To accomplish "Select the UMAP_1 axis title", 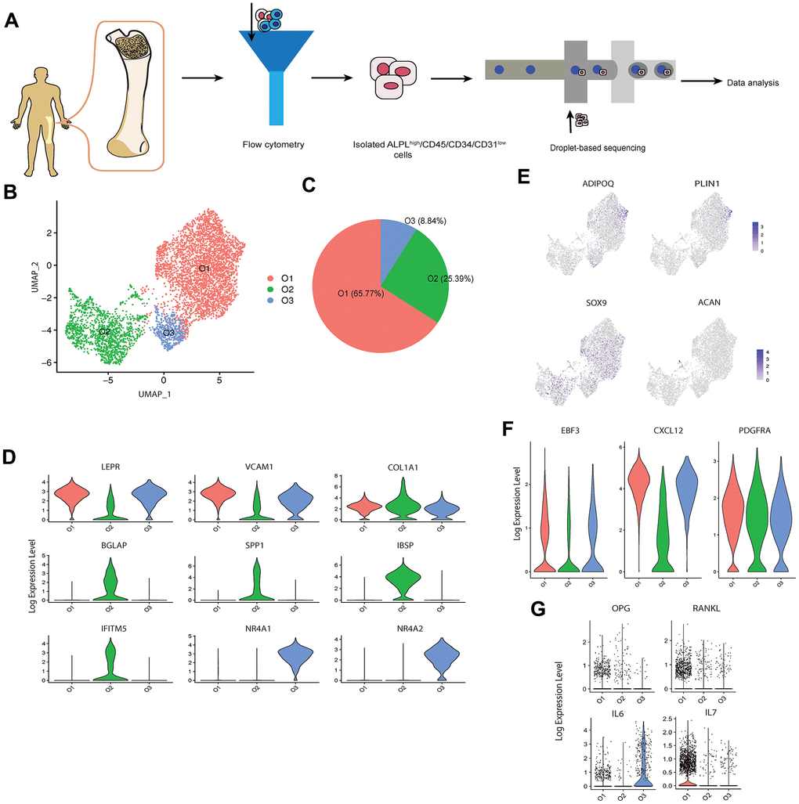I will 154,394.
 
